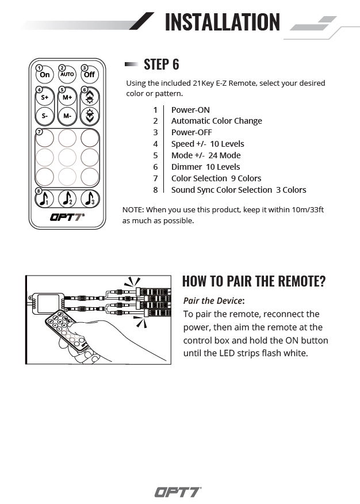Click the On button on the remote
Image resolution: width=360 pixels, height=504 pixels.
coord(45,75)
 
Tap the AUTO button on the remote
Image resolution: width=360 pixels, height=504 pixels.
coord(67,75)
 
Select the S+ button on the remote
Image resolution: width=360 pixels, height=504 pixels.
coord(45,97)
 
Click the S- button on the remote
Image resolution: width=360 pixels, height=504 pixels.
coord(45,116)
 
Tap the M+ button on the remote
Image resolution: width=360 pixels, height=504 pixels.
coord(67,97)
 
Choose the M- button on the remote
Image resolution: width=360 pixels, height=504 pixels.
coord(67,116)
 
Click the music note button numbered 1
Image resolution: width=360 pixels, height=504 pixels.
coord(45,198)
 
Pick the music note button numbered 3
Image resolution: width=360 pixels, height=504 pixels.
coord(89,198)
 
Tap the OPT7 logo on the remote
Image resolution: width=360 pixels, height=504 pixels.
coord(67,217)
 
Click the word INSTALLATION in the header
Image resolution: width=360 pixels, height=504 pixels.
coord(222,22)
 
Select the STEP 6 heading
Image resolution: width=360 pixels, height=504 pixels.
coord(161,64)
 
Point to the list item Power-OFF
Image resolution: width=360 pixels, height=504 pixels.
coord(192,132)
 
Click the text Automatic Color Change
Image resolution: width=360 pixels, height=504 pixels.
coord(216,121)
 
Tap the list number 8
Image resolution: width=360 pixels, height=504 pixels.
coord(155,190)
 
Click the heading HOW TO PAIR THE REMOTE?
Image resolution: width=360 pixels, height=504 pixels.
coord(254,281)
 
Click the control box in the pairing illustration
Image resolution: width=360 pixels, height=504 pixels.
coord(49,302)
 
